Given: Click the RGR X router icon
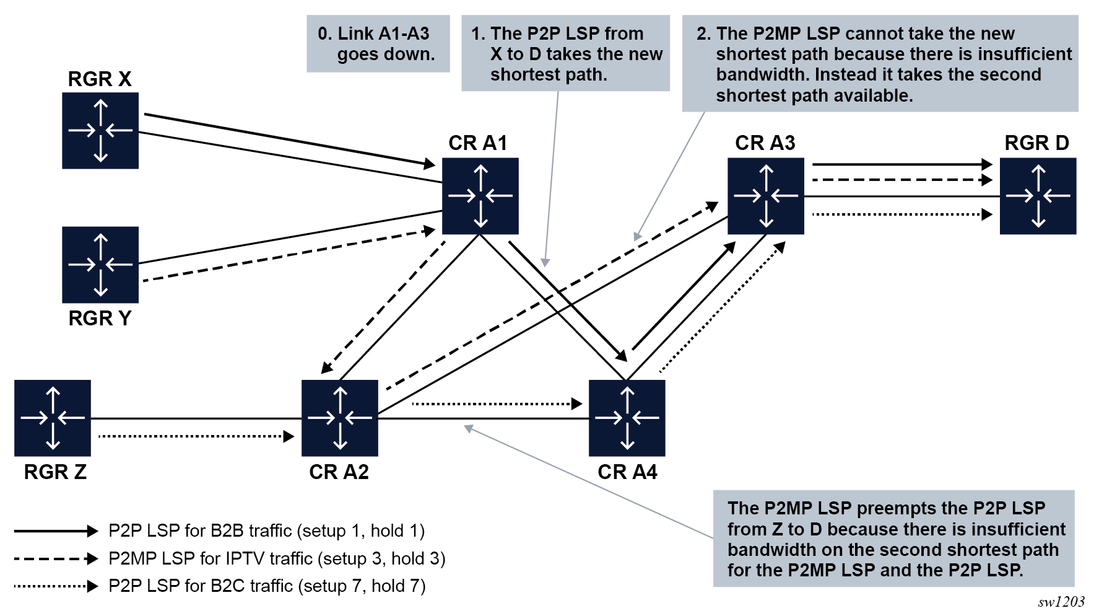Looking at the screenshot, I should (x=100, y=131).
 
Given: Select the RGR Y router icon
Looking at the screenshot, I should (x=100, y=265).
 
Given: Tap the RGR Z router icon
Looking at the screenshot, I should (x=53, y=418).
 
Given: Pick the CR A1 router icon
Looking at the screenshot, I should (x=480, y=196).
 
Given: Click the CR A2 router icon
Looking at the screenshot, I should (x=340, y=418).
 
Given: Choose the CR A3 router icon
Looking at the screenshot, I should (x=766, y=196).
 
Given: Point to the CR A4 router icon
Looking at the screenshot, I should (x=627, y=418).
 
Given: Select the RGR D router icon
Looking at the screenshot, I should (x=1038, y=196).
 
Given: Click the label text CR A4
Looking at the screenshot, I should (x=627, y=472).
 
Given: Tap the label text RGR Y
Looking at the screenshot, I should (x=100, y=319).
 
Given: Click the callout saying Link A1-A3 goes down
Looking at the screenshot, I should (x=378, y=44).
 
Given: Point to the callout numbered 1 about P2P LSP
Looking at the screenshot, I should (x=565, y=54).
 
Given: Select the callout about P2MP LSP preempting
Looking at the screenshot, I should (x=894, y=539).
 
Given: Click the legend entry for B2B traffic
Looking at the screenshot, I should (x=266, y=531).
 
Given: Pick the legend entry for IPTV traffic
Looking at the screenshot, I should (x=277, y=559).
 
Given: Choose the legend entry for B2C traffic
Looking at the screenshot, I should (x=267, y=586).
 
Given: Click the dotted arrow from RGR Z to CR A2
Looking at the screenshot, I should (x=196, y=436).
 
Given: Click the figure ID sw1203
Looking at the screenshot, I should (x=1061, y=602).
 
